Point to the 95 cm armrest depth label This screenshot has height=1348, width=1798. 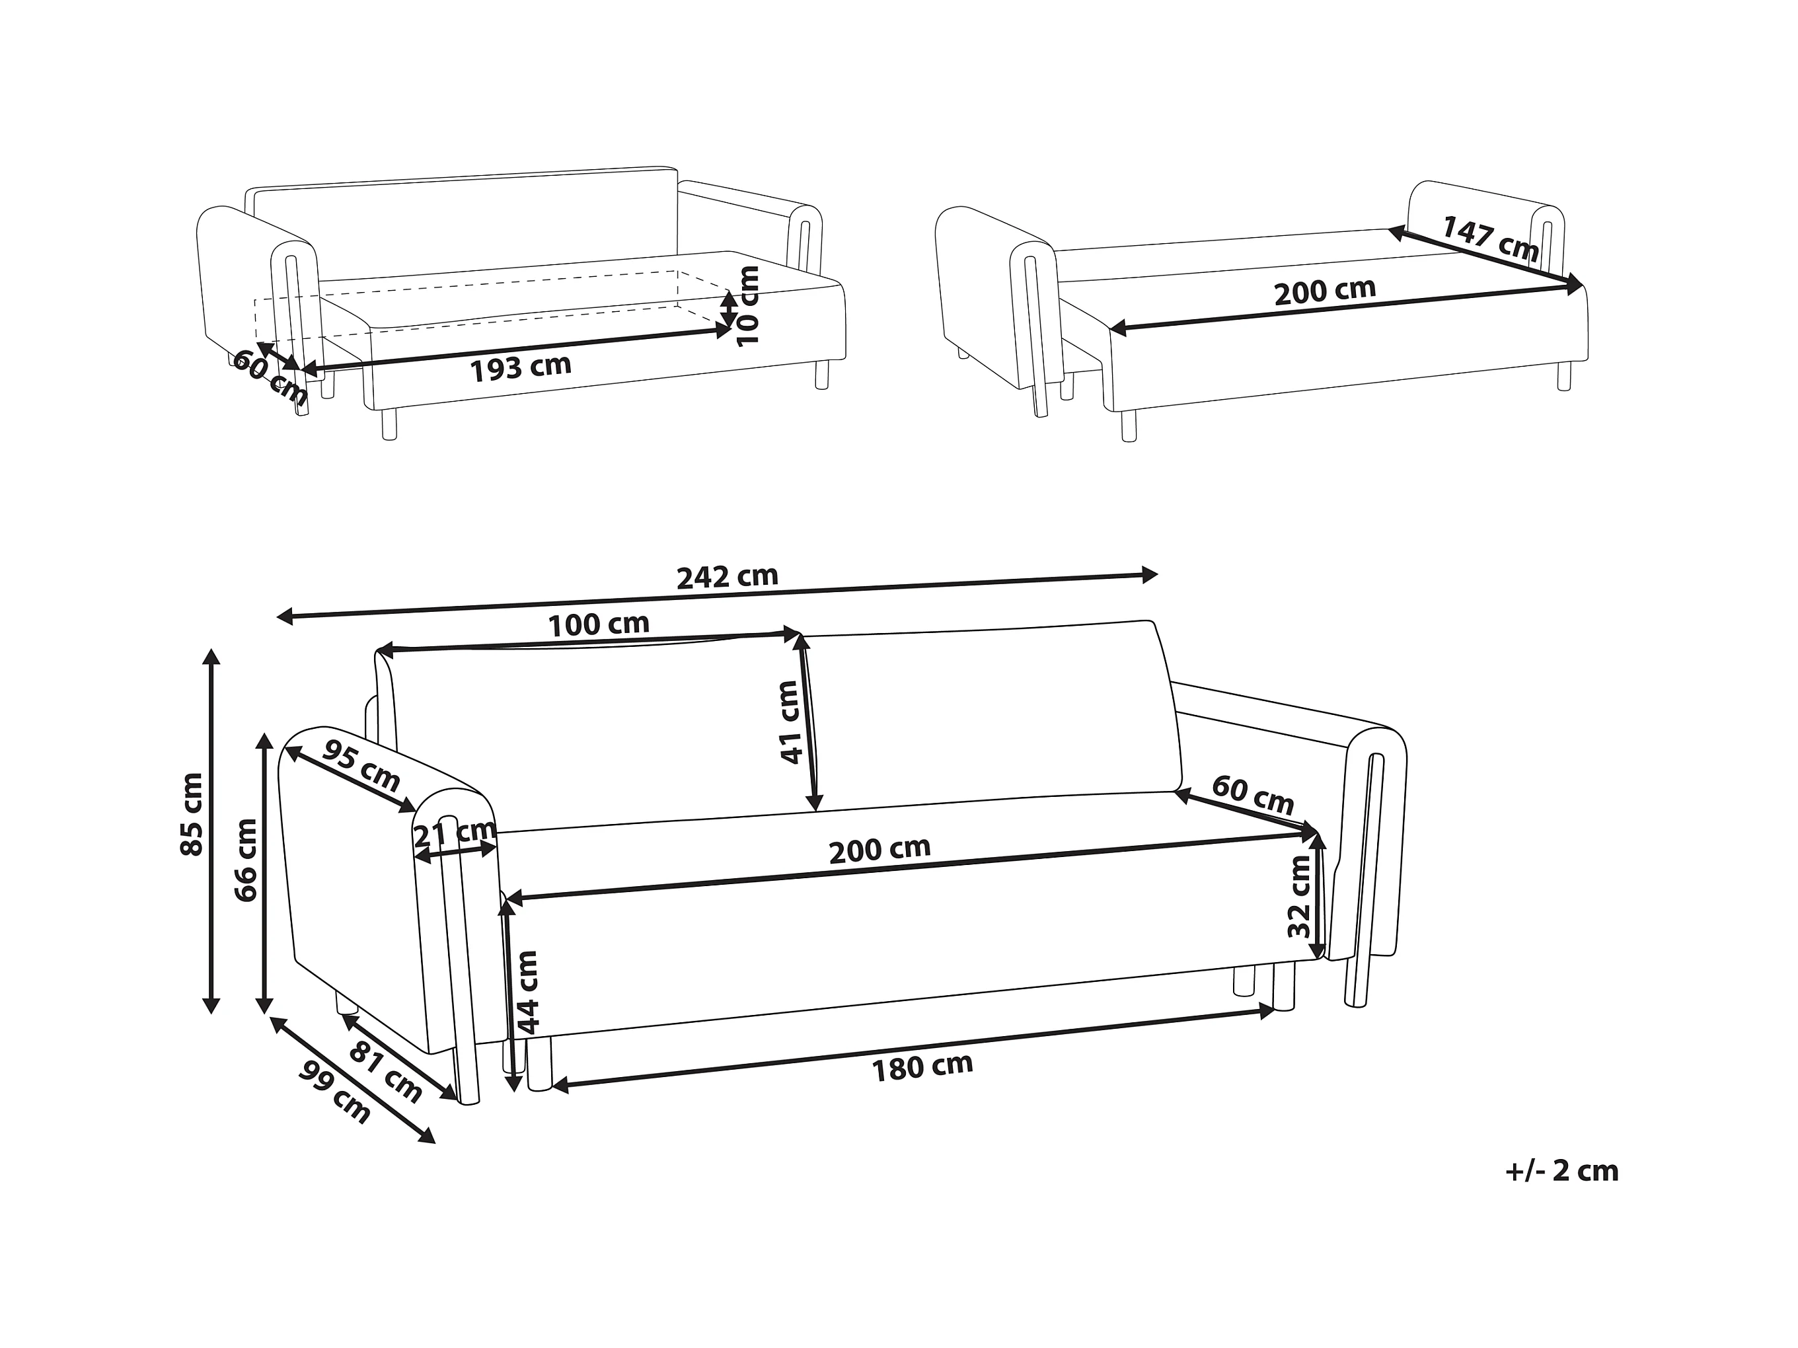pyautogui.click(x=361, y=766)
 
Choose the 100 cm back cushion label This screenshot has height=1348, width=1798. pyautogui.click(x=598, y=624)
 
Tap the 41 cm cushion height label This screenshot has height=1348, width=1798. pyautogui.click(x=790, y=722)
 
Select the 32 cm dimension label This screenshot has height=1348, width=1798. pyautogui.click(x=1300, y=897)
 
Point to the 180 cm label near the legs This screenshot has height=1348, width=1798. pyautogui.click(x=922, y=1066)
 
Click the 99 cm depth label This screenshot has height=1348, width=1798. pyautogui.click(x=335, y=1093)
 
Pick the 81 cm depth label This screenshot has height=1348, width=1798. pyautogui.click(x=386, y=1073)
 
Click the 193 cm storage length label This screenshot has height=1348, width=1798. pyautogui.click(x=521, y=367)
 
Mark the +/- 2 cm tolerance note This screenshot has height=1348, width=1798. pyautogui.click(x=1561, y=1172)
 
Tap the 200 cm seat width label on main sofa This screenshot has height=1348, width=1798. pyautogui.click(x=880, y=850)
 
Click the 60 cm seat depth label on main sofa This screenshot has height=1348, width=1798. pyautogui.click(x=1253, y=795)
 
